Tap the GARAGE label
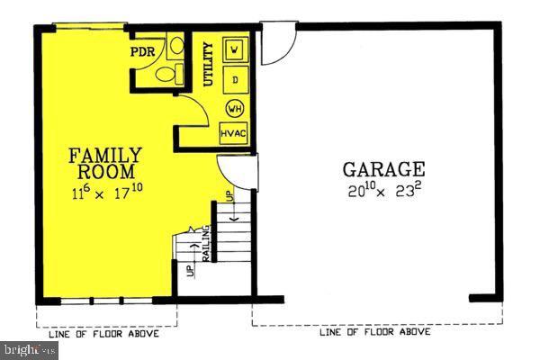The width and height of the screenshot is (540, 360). coord(382,168)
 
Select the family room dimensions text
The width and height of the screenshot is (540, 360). coord(106,192)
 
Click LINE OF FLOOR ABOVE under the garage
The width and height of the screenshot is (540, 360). coord(374,332)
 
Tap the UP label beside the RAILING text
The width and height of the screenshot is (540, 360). coord(191,269)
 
